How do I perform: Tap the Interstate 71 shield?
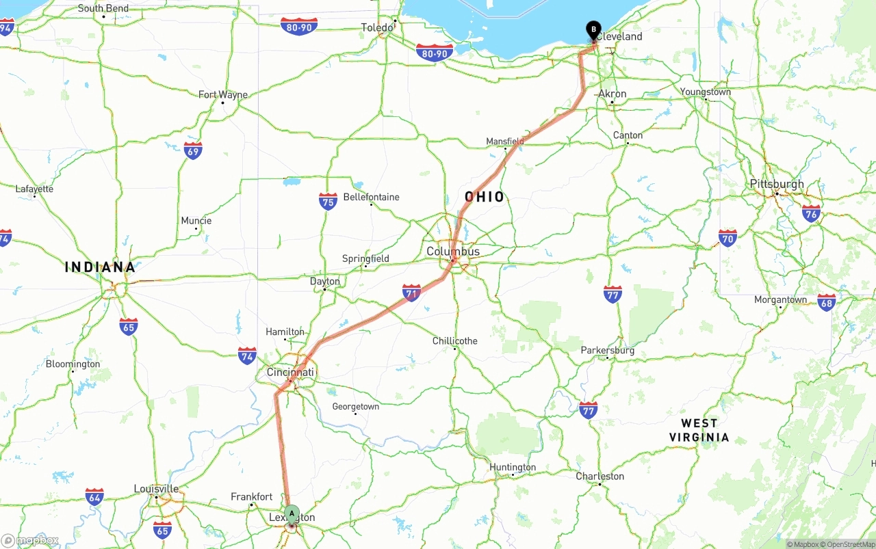(411, 293)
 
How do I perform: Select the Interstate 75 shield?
(328, 201)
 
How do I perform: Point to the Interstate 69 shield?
(193, 150)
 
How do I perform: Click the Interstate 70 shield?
(727, 238)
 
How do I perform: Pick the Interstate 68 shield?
(826, 302)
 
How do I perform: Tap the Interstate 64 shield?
(94, 496)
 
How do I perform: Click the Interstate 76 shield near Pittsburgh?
(811, 213)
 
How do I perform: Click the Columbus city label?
(453, 252)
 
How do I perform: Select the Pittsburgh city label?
(777, 184)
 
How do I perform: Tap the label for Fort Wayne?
(223, 95)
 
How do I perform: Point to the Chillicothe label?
(455, 341)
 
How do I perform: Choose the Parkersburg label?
(608, 351)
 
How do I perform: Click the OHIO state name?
(485, 198)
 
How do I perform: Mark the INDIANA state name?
(100, 267)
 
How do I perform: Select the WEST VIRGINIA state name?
(699, 430)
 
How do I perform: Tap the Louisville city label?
(156, 489)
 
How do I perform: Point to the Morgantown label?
(780, 300)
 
